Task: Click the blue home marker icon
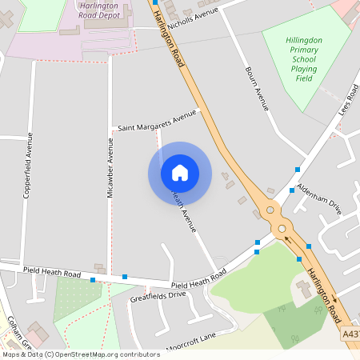click(x=179, y=173)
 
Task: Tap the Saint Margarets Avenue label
click(x=157, y=122)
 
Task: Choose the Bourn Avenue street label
click(x=258, y=87)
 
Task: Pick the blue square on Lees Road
click(x=297, y=169)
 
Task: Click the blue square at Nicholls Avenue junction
click(x=154, y=3)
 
